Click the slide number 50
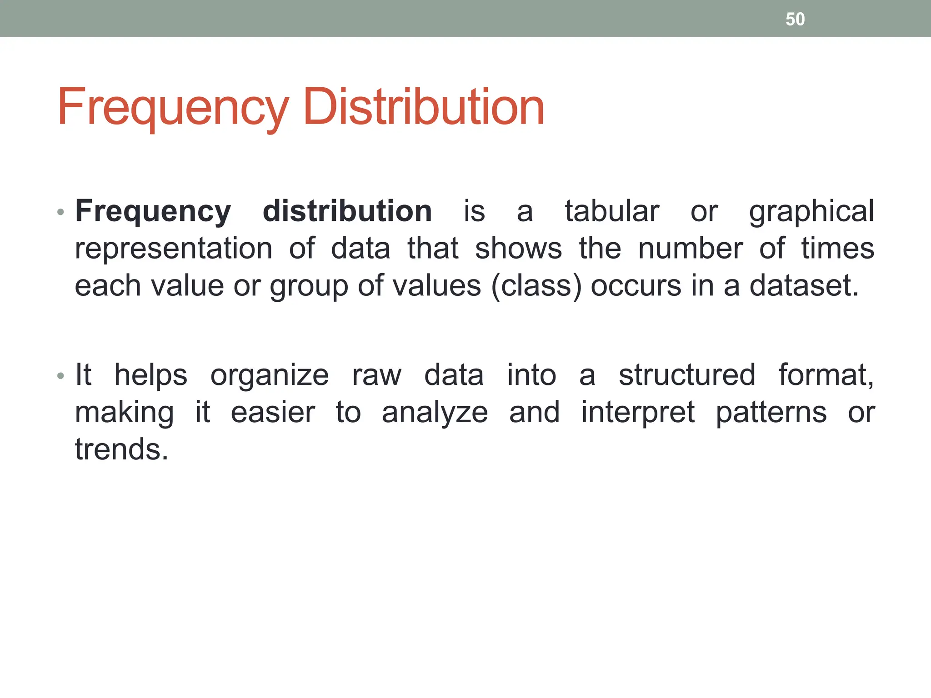click(795, 20)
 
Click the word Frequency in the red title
click(173, 108)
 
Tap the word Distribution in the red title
click(423, 107)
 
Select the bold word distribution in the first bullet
click(347, 211)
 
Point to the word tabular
click(612, 211)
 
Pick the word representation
click(174, 249)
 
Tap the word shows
click(518, 249)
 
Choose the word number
click(690, 249)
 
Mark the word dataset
click(804, 286)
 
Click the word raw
click(377, 376)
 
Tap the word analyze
click(435, 414)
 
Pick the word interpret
click(638, 414)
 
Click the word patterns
click(771, 414)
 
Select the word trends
click(121, 449)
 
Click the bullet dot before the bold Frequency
click(61, 213)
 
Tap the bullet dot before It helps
click(61, 376)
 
